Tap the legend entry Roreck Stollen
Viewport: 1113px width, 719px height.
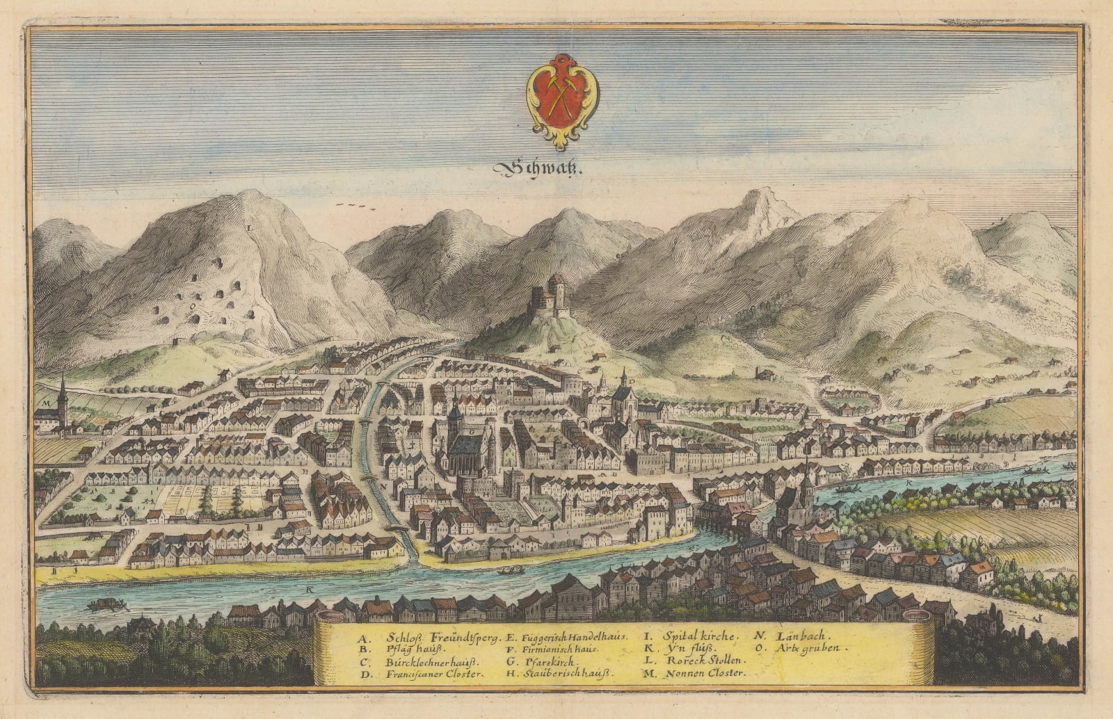(x=705, y=661)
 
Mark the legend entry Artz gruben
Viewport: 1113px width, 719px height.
(x=808, y=648)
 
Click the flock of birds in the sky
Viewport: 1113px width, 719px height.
(x=355, y=206)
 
